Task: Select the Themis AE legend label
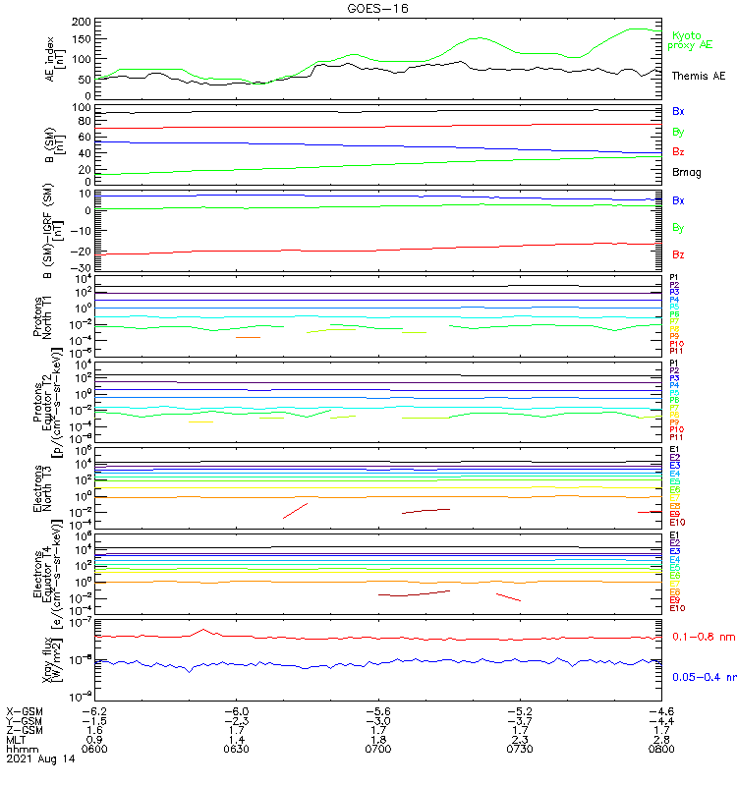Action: [x=698, y=76]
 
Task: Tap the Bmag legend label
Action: [x=686, y=172]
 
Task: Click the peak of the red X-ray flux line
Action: [x=203, y=629]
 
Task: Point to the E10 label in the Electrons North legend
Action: [x=677, y=522]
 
